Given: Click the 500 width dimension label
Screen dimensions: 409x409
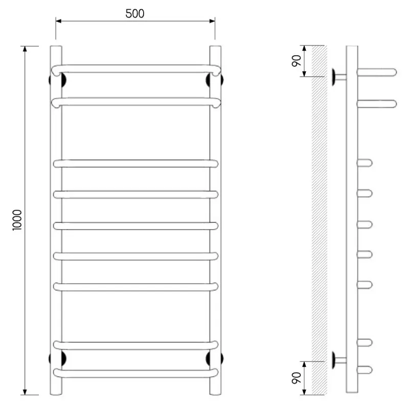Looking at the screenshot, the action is (x=135, y=14).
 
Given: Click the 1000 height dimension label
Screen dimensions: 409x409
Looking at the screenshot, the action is (x=17, y=220).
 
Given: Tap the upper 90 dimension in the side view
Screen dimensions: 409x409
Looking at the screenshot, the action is (x=297, y=61).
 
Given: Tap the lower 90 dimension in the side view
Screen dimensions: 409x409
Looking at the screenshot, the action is (x=297, y=378).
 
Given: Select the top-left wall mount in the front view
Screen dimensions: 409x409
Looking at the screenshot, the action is (x=57, y=80).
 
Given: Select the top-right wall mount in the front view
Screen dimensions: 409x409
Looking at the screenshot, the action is (x=214, y=80).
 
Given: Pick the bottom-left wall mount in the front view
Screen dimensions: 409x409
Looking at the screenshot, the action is (x=57, y=358).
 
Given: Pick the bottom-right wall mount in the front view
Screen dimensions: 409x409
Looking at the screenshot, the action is (x=214, y=358).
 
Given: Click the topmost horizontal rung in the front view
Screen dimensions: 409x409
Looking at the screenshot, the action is (x=135, y=69).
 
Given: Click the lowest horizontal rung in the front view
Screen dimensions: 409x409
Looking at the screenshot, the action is (x=135, y=373).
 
